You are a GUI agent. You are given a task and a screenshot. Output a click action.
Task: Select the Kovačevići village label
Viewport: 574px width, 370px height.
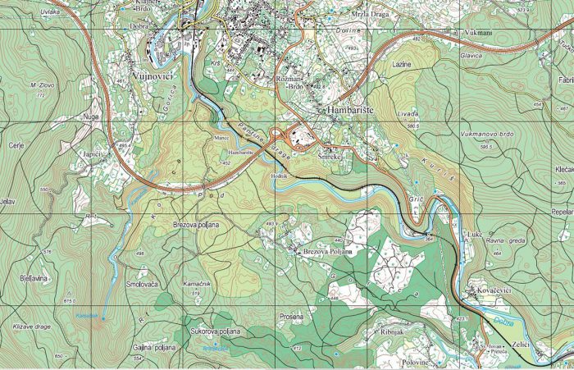point(490,291)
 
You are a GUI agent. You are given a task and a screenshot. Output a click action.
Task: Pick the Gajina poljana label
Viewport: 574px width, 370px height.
point(154,348)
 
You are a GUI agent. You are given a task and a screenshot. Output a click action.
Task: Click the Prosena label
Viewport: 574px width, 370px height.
point(290,316)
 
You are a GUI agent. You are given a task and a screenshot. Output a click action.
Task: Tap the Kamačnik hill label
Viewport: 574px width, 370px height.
point(194,282)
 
